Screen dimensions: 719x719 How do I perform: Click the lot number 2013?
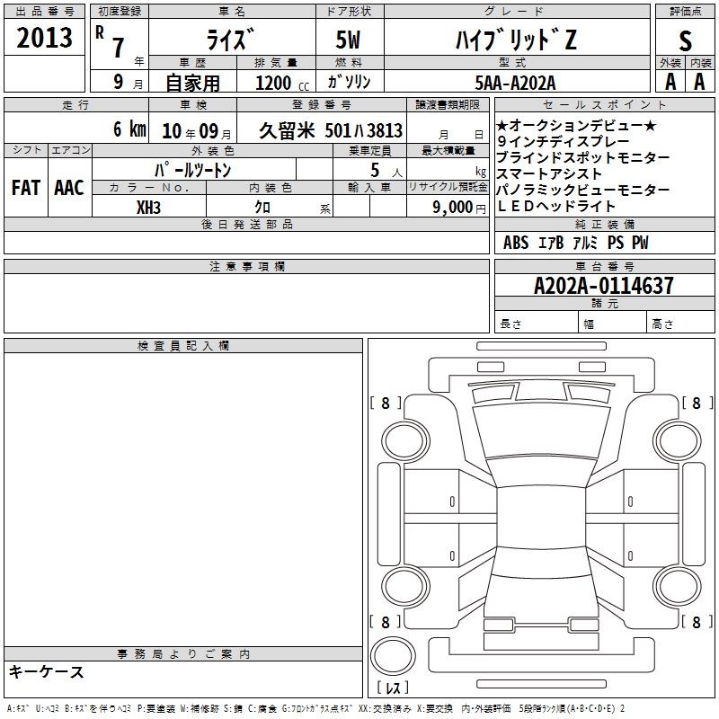click(44, 37)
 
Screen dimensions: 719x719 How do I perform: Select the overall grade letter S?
click(685, 40)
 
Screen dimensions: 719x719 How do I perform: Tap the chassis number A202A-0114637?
click(604, 285)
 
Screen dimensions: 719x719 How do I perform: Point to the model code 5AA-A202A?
click(515, 83)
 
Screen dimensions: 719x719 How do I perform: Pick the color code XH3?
click(148, 208)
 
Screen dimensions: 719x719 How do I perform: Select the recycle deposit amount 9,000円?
click(459, 208)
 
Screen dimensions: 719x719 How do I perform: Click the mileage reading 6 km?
click(129, 129)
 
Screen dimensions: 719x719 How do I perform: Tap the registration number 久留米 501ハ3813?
click(331, 130)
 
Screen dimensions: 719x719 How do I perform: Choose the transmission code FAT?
click(26, 188)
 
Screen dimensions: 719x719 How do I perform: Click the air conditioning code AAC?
click(69, 188)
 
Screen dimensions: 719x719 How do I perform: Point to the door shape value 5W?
click(348, 40)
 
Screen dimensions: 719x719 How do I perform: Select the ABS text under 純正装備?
click(516, 243)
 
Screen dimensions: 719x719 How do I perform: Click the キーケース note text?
click(46, 671)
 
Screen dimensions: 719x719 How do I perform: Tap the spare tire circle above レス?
click(393, 656)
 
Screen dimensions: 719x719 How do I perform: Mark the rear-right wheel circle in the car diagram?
click(677, 586)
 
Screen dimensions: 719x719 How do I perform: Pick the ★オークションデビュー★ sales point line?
click(577, 125)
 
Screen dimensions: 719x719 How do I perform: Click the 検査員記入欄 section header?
click(183, 346)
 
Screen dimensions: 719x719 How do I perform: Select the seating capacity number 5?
click(375, 170)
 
